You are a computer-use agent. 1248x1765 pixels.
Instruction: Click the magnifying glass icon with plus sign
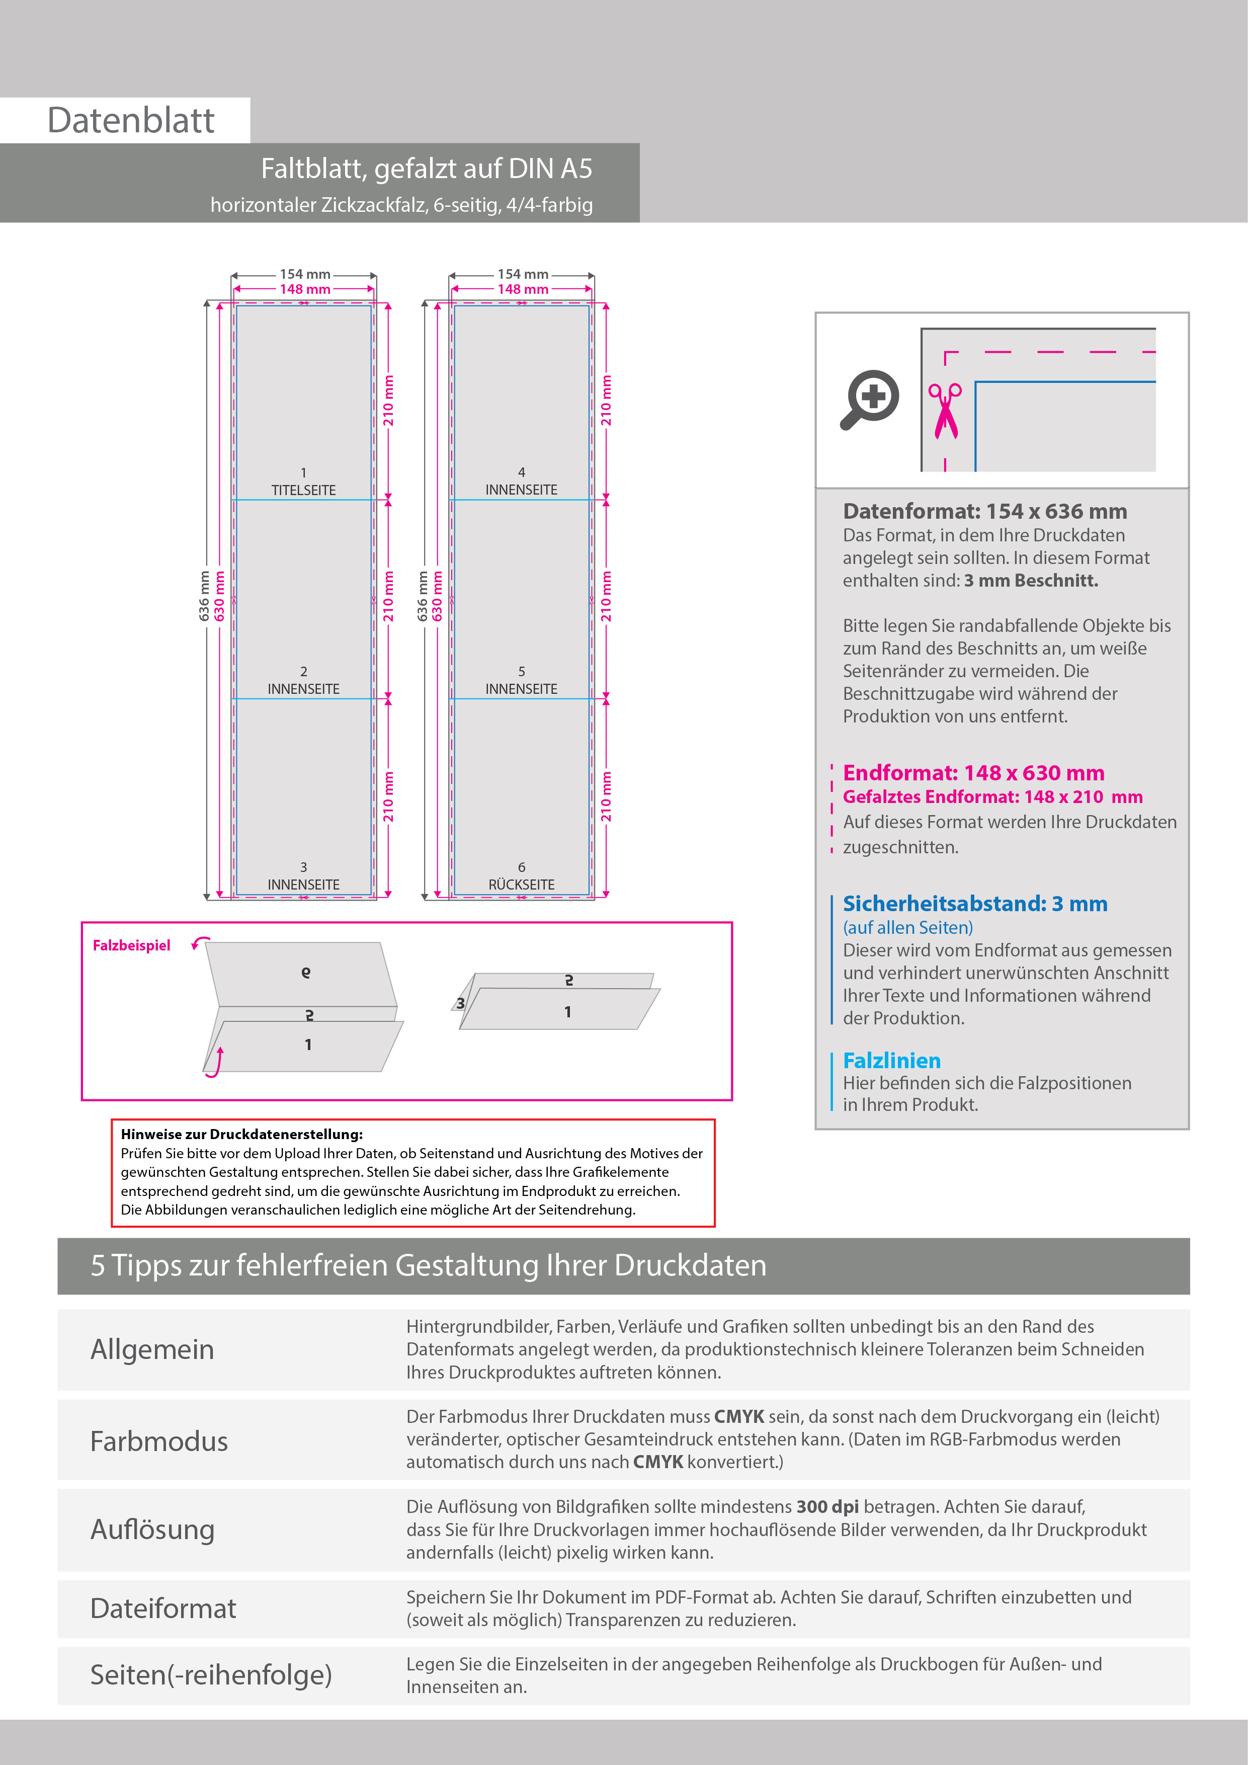coord(870,399)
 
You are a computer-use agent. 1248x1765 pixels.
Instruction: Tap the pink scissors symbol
coord(945,411)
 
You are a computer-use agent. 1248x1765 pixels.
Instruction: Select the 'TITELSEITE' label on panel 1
coord(303,490)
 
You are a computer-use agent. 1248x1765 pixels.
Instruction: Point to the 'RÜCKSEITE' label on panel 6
coord(521,885)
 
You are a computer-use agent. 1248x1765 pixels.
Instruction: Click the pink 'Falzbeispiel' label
coord(131,945)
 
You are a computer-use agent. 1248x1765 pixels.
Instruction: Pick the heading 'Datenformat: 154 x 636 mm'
coord(984,511)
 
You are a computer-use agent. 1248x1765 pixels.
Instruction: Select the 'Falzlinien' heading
coord(891,1061)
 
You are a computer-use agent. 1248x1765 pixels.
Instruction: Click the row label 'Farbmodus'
coord(159,1441)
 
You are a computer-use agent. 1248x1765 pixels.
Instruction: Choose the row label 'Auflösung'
coord(152,1530)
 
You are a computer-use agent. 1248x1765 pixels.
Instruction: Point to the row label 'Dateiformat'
coord(163,1608)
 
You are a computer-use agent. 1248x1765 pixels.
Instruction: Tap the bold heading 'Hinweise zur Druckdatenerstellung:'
coord(241,1134)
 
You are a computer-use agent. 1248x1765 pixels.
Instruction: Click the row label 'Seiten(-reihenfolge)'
coord(211,1674)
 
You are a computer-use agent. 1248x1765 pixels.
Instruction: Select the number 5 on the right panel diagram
coord(521,671)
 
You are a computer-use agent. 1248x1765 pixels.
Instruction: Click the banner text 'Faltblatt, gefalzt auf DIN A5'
coord(427,169)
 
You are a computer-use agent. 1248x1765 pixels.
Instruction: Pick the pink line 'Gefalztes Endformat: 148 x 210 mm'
coord(992,796)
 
